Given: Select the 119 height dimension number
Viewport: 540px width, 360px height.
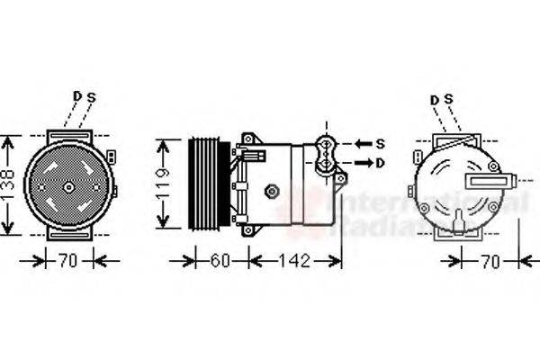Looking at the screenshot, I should [163, 185].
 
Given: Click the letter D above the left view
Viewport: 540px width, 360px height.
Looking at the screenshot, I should [77, 96].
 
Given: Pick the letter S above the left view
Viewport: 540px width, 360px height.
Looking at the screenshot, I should [91, 96].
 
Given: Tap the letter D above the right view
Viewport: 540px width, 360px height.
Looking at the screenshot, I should [435, 99].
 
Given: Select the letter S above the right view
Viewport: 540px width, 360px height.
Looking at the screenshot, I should [448, 99].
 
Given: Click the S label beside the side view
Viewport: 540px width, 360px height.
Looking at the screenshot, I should [380, 143].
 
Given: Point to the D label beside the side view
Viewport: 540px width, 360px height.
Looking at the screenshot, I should [380, 162].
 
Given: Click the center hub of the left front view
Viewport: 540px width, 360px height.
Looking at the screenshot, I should [69, 187].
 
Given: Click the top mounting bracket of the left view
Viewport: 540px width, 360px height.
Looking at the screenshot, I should [69, 135].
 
